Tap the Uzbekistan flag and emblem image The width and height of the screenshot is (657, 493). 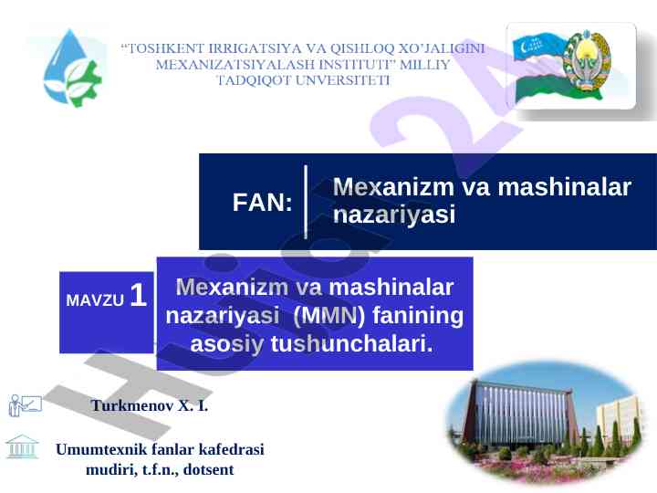tap(570, 67)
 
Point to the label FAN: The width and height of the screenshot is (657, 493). tap(262, 203)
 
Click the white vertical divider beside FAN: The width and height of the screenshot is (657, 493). tap(306, 202)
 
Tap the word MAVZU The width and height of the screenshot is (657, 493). tap(95, 300)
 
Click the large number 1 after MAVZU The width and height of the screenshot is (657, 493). tap(139, 295)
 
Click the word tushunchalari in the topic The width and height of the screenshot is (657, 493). tap(351, 343)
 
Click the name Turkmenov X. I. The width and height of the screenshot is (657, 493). tap(149, 405)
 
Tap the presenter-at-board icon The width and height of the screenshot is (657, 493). tap(26, 405)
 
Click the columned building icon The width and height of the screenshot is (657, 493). tap(22, 446)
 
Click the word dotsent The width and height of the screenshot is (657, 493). tap(208, 470)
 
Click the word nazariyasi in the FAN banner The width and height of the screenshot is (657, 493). tap(394, 215)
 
